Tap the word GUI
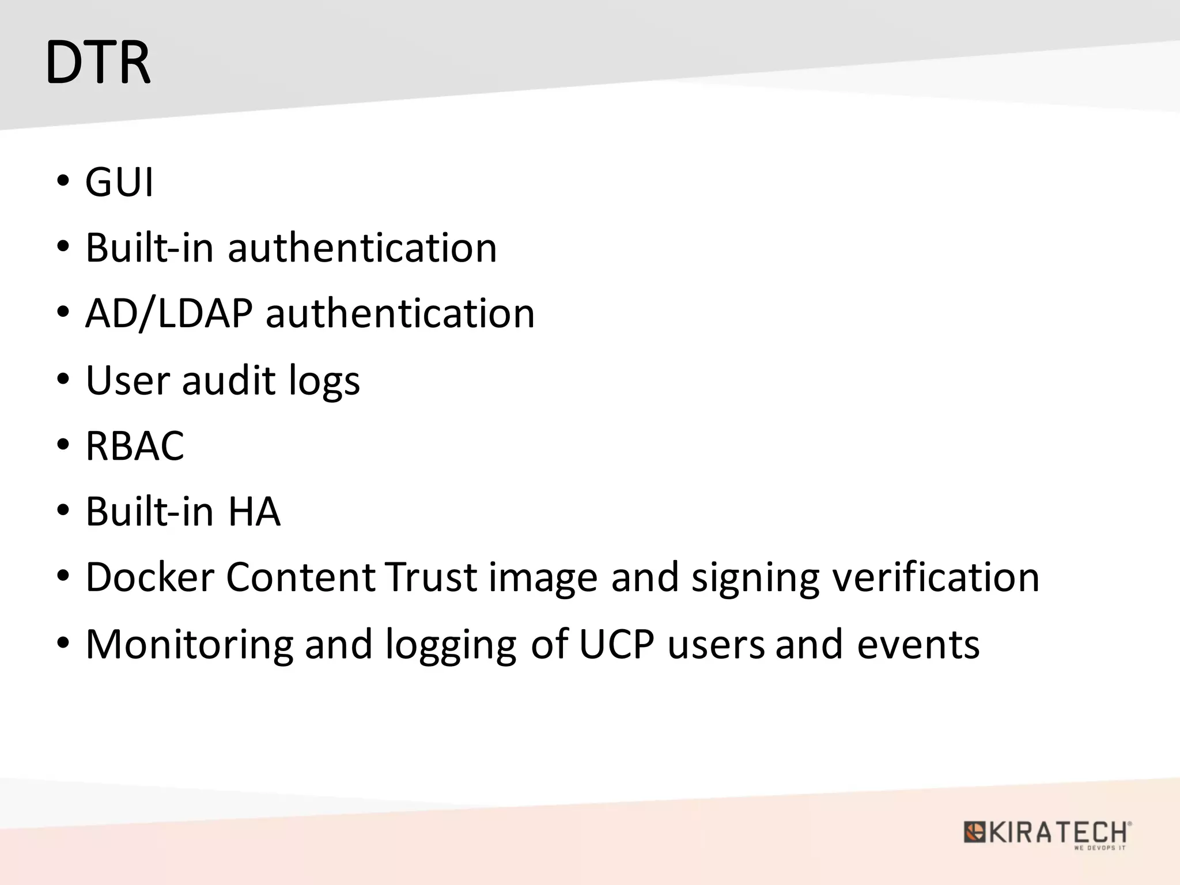point(120,183)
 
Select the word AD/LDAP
point(169,314)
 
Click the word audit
point(229,381)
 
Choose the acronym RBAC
point(135,446)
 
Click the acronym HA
point(254,512)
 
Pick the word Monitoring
point(190,645)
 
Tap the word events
point(918,645)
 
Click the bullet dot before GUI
point(63,181)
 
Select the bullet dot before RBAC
point(63,445)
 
